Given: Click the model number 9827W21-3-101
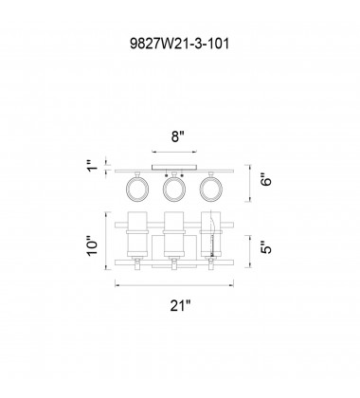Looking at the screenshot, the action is pyautogui.click(x=179, y=44).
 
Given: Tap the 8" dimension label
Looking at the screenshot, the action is pyautogui.click(x=177, y=136).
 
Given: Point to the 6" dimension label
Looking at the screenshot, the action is pyautogui.click(x=267, y=181).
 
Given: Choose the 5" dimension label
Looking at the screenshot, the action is pyautogui.click(x=267, y=247).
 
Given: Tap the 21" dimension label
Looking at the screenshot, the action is pyautogui.click(x=181, y=305).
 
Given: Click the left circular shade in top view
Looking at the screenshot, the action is pyautogui.click(x=137, y=189).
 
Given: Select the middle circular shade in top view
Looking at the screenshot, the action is pyautogui.click(x=174, y=189).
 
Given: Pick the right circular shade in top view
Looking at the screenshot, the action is pyautogui.click(x=211, y=189).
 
